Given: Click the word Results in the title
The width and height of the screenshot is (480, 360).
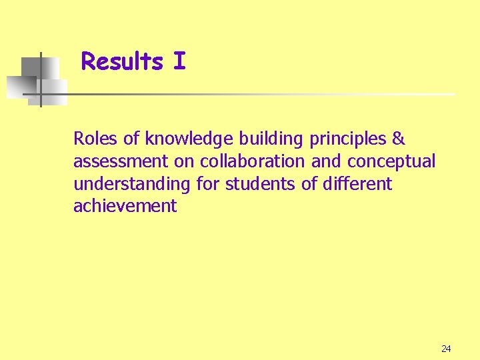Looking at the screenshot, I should (x=122, y=62).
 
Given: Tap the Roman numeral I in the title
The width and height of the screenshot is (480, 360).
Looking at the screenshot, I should (x=179, y=62).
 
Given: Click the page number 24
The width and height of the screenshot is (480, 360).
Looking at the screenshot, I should (x=446, y=349).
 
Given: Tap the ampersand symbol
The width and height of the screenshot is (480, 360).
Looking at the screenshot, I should (x=398, y=139).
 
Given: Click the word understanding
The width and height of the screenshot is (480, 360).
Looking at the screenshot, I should (x=127, y=184).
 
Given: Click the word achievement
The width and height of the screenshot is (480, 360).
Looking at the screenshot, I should (x=125, y=206).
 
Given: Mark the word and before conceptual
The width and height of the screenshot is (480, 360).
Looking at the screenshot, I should (x=327, y=161).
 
